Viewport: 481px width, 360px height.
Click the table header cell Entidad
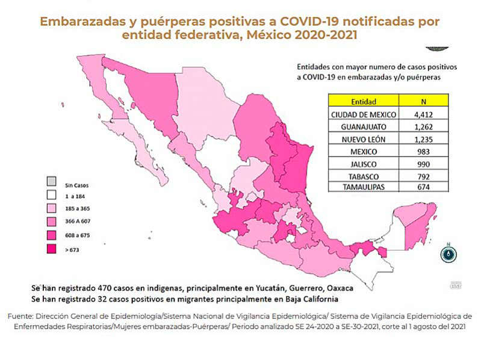pyautogui.click(x=364, y=101)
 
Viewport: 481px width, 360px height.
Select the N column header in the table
pyautogui.click(x=424, y=101)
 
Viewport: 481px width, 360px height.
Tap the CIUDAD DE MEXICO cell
pyautogui.click(x=364, y=114)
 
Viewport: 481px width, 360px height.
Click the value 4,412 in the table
pyautogui.click(x=424, y=114)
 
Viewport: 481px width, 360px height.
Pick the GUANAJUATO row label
pyautogui.click(x=364, y=126)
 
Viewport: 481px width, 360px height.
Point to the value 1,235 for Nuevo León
pyautogui.click(x=424, y=139)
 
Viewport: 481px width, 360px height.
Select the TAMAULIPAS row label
pyautogui.click(x=364, y=187)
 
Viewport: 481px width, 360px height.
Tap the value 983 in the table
pyautogui.click(x=424, y=151)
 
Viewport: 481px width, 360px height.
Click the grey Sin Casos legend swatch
pyautogui.click(x=52, y=181)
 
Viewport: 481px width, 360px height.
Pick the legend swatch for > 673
pyautogui.click(x=52, y=248)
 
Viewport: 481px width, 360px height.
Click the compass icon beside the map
pyautogui.click(x=448, y=254)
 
